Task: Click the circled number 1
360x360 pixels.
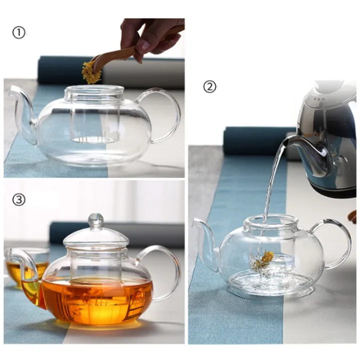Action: [x=18, y=33]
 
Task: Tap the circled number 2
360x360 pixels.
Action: [x=210, y=86]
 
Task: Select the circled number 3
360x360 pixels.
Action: [x=18, y=200]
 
